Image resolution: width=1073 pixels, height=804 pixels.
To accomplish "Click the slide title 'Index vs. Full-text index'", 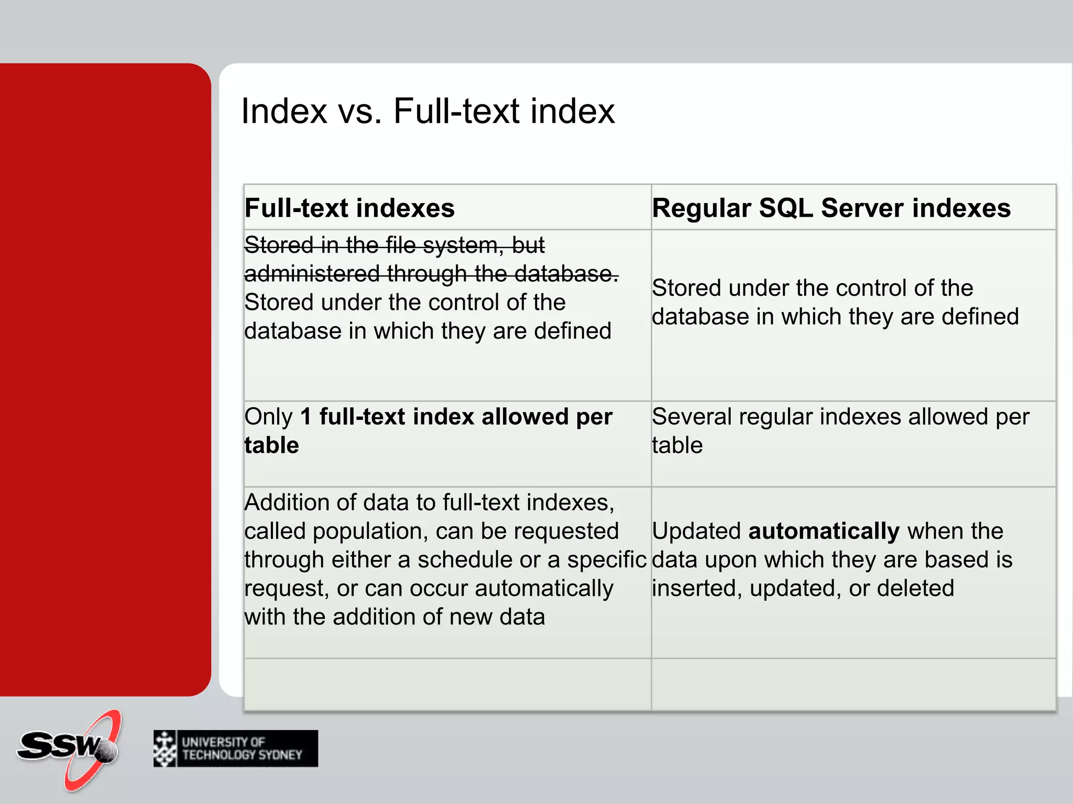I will pyautogui.click(x=427, y=111).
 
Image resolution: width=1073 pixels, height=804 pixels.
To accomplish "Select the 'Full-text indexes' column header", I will pyautogui.click(x=349, y=208).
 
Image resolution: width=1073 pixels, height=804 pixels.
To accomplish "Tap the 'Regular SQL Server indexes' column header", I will pyautogui.click(x=831, y=208).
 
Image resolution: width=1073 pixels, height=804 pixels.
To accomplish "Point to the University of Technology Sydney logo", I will pyautogui.click(x=236, y=749).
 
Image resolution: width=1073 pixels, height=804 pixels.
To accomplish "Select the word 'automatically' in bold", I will pyautogui.click(x=824, y=531).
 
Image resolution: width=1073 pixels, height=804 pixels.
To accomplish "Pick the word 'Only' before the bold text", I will pyautogui.click(x=268, y=417).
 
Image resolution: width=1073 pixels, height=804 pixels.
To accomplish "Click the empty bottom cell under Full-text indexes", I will pyautogui.click(x=447, y=684).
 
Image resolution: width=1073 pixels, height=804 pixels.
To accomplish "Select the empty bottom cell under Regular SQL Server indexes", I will pyautogui.click(x=853, y=684).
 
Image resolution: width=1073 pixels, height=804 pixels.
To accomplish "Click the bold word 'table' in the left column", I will pyautogui.click(x=271, y=445).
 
